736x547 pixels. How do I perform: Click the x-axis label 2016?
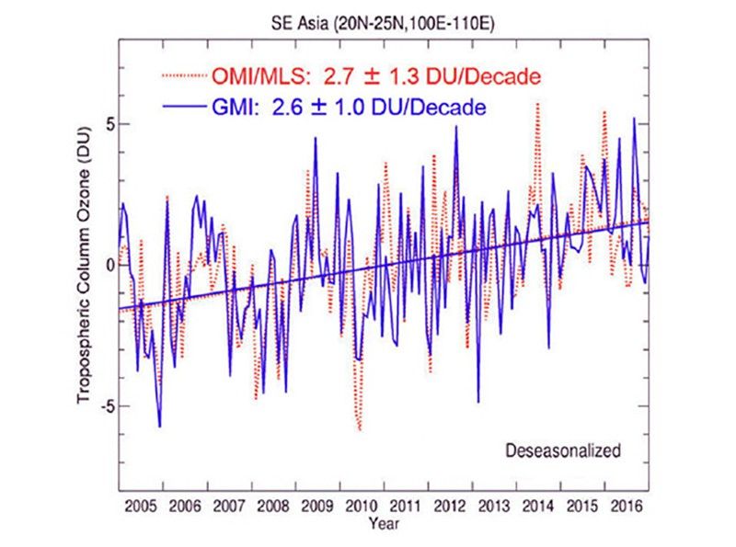tap(627, 507)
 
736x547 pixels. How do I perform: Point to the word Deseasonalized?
tap(563, 450)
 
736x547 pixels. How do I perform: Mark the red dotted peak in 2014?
tap(538, 104)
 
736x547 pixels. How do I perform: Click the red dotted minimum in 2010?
tap(360, 429)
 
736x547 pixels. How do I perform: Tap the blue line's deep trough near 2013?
tap(478, 402)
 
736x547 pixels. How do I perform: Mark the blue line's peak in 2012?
tap(455, 126)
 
